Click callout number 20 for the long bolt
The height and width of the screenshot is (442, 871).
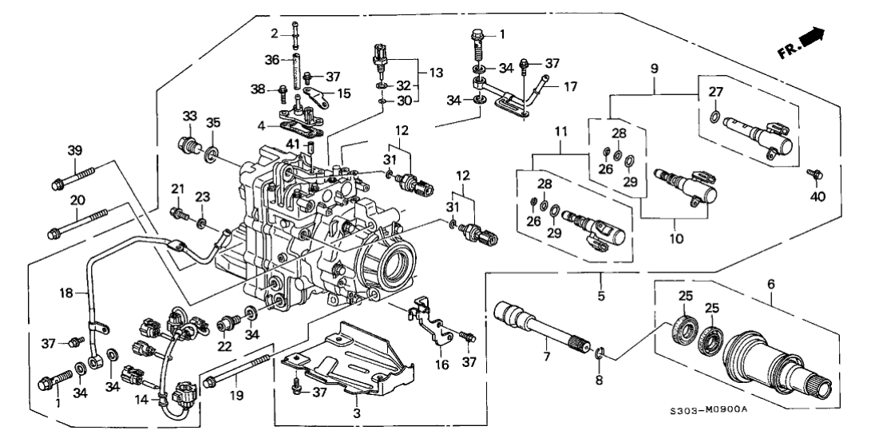coord(77,199)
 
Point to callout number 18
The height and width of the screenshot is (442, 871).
coord(67,294)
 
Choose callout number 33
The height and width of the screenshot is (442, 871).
coord(190,116)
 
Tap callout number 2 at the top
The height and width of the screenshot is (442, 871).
coord(273,34)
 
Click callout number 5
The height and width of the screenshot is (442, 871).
coord(600,295)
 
